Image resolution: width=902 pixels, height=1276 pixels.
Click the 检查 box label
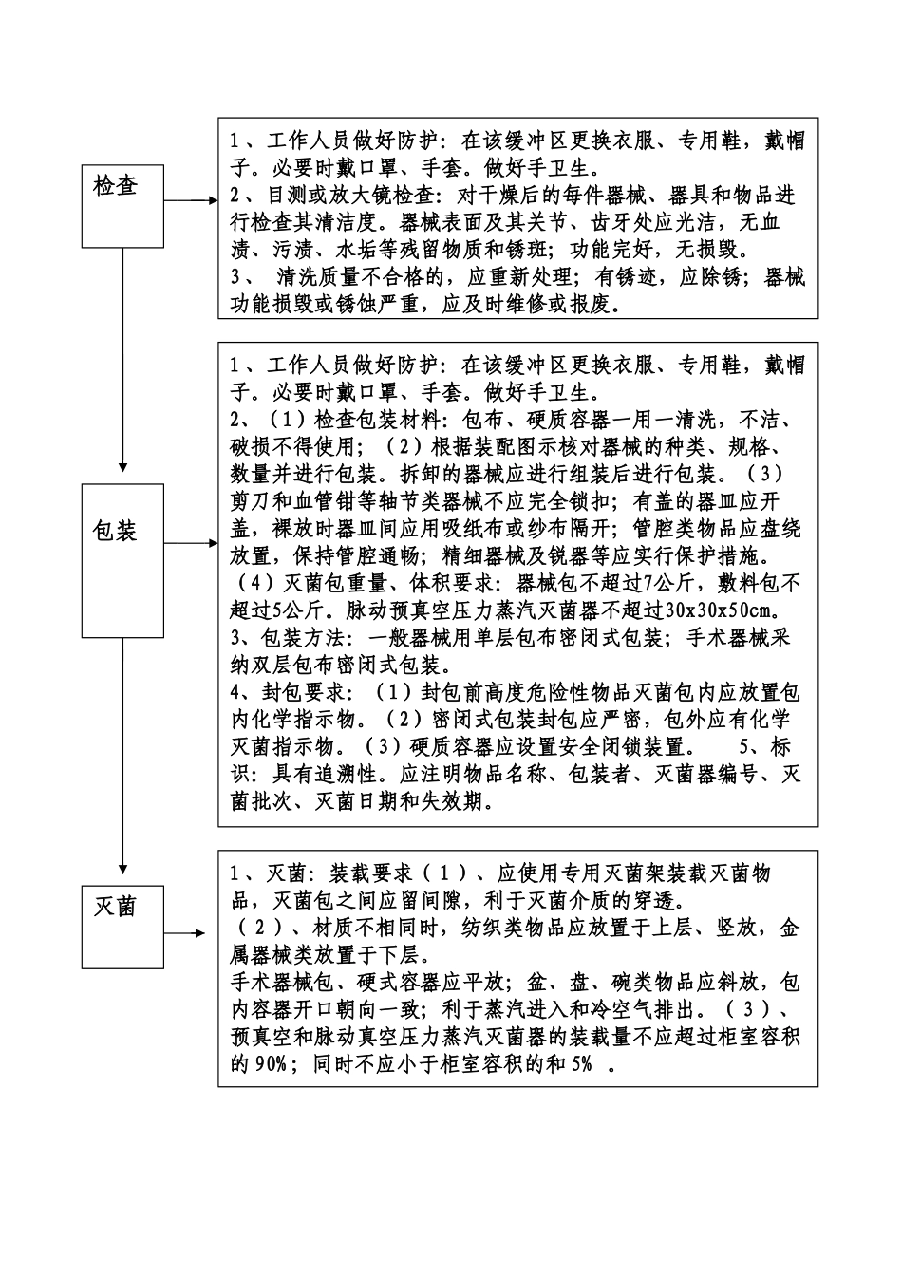pyautogui.click(x=116, y=186)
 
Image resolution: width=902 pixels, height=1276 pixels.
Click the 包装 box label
pyautogui.click(x=116, y=531)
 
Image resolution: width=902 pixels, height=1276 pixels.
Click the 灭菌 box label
pyautogui.click(x=116, y=907)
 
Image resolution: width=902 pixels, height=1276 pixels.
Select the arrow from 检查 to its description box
pyautogui.click(x=191, y=201)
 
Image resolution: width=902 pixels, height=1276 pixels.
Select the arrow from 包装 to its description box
pyautogui.click(x=191, y=543)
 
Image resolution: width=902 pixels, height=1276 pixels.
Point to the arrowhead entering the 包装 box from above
pyautogui.click(x=122, y=466)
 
